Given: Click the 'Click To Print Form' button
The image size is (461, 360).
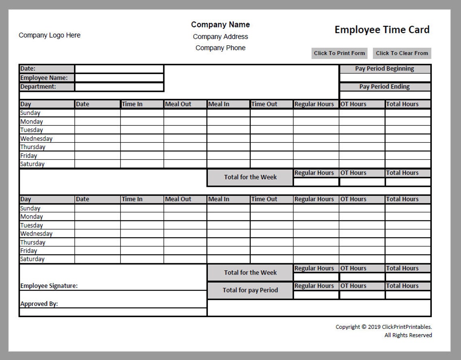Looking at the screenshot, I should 339,53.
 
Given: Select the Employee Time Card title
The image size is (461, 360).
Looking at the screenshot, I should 382,30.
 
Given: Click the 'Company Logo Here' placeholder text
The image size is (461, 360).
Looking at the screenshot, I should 49,35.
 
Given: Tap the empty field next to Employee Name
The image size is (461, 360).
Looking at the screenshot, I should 119,78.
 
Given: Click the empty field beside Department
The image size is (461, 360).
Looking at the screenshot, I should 119,87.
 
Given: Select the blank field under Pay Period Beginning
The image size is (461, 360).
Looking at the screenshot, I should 385,78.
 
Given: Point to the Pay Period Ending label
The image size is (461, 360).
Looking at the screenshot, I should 385,87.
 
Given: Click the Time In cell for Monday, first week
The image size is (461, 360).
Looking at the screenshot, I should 142,121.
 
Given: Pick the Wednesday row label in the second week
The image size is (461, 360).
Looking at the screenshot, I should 36,233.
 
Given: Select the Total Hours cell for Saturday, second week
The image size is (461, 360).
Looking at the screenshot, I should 408,259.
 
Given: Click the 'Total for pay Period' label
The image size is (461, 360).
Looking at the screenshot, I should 250,290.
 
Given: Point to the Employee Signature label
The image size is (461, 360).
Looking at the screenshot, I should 49,286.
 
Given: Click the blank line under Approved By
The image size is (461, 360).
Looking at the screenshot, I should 113,312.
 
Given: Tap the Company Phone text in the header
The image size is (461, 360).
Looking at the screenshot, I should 220,48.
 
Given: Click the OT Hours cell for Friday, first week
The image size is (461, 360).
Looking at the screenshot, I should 362,155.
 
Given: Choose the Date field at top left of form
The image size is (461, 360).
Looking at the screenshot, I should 119,69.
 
